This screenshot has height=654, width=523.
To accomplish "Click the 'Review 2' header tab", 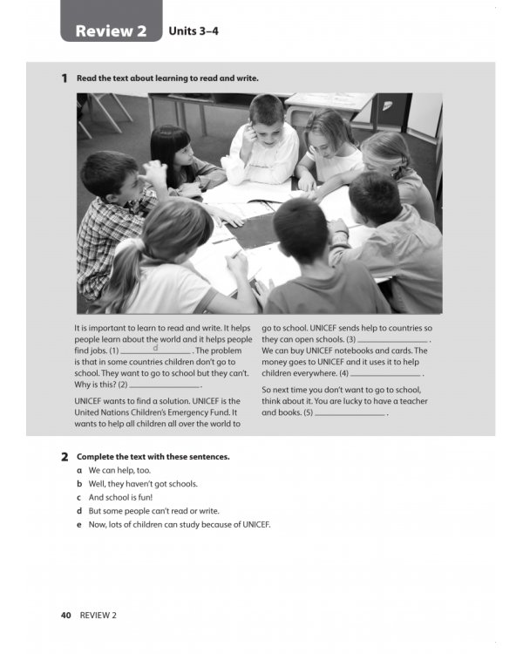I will point(111,31).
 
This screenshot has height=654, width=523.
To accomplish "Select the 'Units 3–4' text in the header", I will point(193,32).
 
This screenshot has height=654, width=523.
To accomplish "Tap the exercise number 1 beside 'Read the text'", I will point(65,78).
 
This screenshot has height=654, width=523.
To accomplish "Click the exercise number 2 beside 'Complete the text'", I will point(65,457).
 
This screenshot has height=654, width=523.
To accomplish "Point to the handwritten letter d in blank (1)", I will point(155,347).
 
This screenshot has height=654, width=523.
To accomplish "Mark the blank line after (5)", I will point(349,413).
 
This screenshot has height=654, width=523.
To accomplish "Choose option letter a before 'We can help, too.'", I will point(80,470).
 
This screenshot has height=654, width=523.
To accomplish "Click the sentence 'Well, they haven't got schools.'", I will point(143,484).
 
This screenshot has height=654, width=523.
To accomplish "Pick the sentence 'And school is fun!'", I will point(121,497).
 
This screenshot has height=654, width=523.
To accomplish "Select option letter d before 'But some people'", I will point(80,511).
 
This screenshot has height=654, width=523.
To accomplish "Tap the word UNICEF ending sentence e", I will point(255,524).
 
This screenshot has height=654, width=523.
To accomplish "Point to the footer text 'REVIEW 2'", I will point(98,615).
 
